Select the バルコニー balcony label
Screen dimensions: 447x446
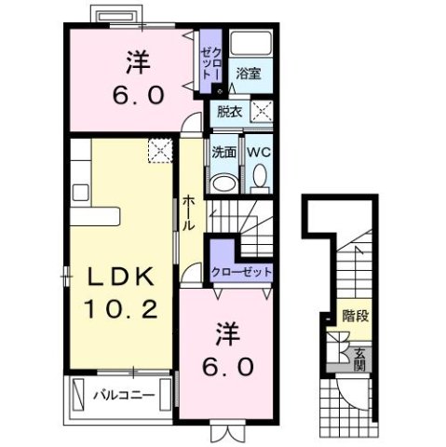coord(124,395)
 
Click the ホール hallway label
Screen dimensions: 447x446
coord(188,213)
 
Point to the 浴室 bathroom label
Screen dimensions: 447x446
coord(246,73)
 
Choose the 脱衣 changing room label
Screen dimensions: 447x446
coord(227,111)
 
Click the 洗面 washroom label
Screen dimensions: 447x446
coord(223,151)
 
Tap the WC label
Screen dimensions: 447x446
coord(258,151)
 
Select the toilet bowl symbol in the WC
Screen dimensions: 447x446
coord(259,176)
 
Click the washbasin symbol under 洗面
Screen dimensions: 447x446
coord(223,181)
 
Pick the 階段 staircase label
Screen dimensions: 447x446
coord(353,316)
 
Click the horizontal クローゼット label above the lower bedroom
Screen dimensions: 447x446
coord(241,271)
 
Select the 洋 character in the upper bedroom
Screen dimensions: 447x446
coord(140,62)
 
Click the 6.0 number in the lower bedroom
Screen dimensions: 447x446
coord(227,366)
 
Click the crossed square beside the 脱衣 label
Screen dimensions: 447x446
coord(262,111)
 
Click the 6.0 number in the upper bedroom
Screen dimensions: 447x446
coord(140,95)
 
